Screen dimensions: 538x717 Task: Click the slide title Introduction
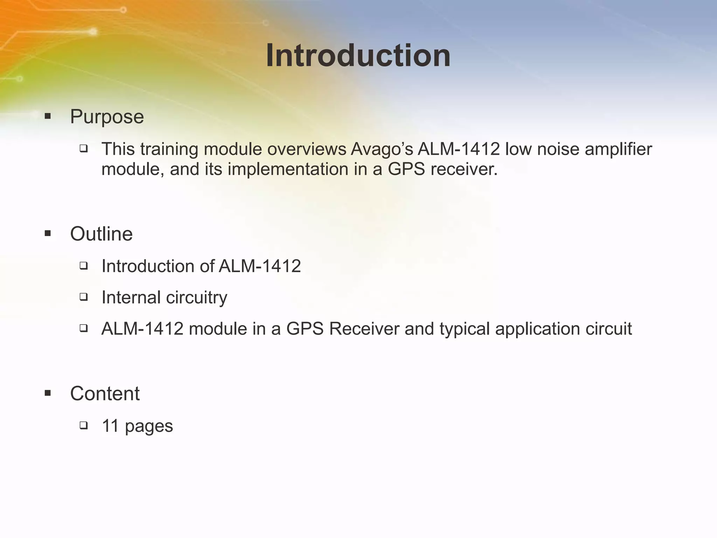(x=358, y=56)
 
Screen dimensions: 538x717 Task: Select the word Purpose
(x=107, y=117)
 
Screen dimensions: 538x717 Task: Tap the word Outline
(x=101, y=234)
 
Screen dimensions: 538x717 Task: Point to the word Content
(x=105, y=394)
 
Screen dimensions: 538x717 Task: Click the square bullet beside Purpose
(x=48, y=116)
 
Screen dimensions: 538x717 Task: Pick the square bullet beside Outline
(x=48, y=233)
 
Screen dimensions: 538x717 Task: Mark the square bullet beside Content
(x=48, y=393)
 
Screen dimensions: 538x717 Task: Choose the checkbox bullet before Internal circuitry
(x=83, y=297)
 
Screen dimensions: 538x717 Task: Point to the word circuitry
(x=196, y=298)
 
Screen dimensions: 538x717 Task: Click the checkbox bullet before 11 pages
(x=83, y=426)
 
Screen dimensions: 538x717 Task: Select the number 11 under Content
(x=110, y=426)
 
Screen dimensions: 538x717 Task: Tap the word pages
(x=149, y=427)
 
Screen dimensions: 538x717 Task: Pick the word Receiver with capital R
(x=364, y=329)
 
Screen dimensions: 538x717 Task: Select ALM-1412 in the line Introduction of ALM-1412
(x=260, y=266)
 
